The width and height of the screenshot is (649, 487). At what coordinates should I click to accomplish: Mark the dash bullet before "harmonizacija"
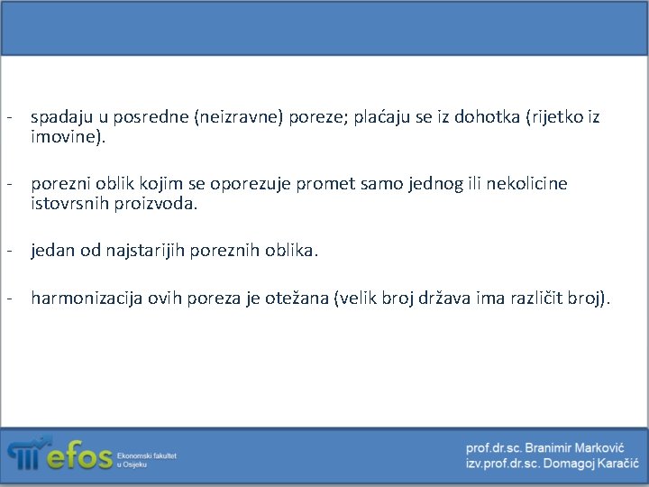[8, 298]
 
